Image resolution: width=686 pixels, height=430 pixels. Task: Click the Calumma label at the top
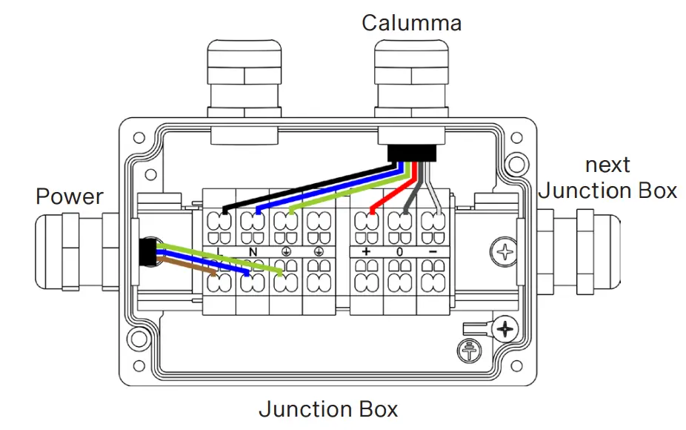click(x=411, y=22)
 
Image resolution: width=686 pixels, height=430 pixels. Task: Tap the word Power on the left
click(x=70, y=196)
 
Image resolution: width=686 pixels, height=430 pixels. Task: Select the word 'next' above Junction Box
click(x=607, y=165)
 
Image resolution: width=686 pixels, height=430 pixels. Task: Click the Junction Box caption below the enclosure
click(x=328, y=408)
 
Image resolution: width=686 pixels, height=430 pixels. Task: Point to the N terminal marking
click(x=253, y=252)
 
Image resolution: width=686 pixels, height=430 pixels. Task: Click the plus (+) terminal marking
click(x=366, y=252)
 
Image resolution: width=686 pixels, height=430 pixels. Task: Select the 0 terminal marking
click(x=399, y=252)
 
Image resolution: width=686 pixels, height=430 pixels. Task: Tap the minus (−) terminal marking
click(x=433, y=252)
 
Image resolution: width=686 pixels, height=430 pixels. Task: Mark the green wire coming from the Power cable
click(x=222, y=257)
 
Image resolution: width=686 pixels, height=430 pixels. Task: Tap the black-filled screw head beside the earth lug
click(x=506, y=328)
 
